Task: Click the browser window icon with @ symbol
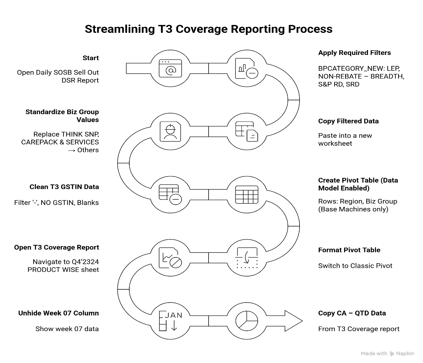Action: [x=170, y=68]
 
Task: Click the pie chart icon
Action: [x=246, y=321]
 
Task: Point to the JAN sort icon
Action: [x=170, y=321]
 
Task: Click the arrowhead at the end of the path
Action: [x=293, y=321]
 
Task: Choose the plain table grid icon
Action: [x=246, y=195]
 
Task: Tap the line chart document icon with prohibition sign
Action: [x=170, y=258]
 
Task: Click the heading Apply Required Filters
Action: [x=354, y=53]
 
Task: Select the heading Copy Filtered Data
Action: [x=348, y=121]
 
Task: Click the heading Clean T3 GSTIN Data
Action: [x=64, y=187]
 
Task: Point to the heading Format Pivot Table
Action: [x=349, y=250]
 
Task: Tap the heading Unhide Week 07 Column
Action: [x=58, y=313]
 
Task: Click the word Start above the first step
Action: [x=91, y=58]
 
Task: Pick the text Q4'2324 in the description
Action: [x=85, y=262]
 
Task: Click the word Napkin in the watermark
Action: [x=405, y=353]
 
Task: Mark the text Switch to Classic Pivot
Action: [x=355, y=266]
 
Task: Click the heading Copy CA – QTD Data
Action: [x=352, y=313]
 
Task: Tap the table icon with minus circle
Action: [x=170, y=195]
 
